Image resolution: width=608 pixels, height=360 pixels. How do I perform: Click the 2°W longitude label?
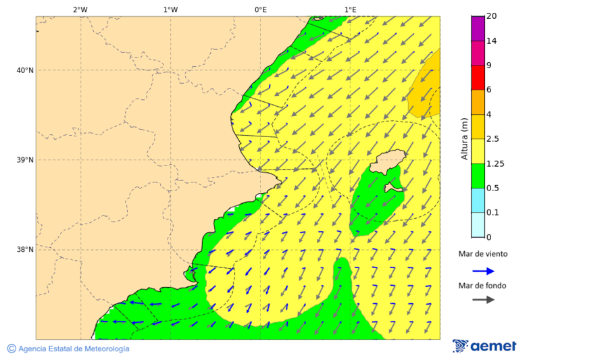[x=80, y=9]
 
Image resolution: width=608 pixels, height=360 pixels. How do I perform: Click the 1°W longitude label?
[x=170, y=9]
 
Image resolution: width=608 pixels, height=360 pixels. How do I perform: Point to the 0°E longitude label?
[x=260, y=9]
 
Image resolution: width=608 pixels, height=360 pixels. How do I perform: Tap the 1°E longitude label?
[x=351, y=9]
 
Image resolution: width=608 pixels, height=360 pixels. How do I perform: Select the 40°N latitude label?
[x=25, y=70]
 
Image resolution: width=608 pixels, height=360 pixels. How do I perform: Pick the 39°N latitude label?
[x=25, y=160]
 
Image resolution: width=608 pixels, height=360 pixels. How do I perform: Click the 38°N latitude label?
[x=25, y=250]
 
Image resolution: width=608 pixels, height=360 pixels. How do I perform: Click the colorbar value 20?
[x=492, y=16]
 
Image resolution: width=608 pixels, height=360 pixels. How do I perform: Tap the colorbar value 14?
[x=492, y=41]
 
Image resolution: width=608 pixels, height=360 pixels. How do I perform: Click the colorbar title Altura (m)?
[x=464, y=138]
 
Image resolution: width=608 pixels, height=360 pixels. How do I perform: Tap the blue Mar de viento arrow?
[x=483, y=271]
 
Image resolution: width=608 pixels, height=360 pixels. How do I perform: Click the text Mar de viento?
[x=482, y=255]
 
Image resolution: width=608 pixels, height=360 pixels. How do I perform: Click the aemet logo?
[x=484, y=346]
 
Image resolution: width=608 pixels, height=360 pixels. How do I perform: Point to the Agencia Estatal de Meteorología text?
[x=74, y=349]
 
